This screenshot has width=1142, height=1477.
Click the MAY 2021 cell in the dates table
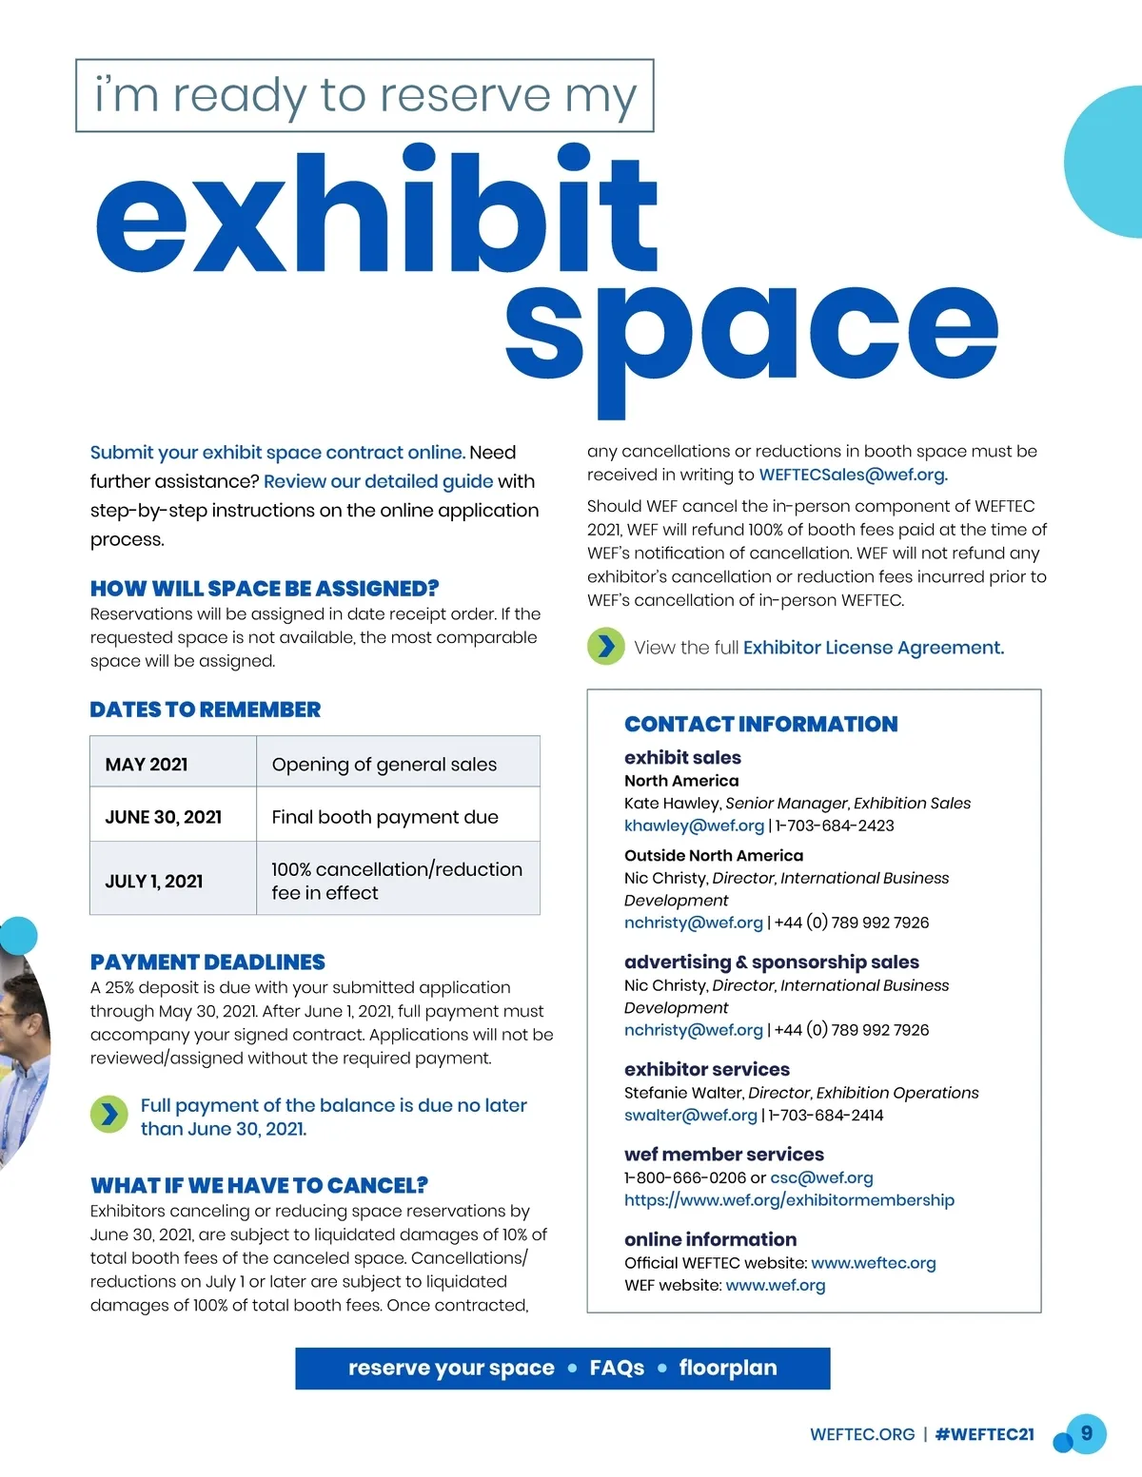click(x=147, y=765)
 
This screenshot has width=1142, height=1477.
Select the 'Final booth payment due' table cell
click(x=384, y=817)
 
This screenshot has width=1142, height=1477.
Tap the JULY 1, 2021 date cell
click(x=154, y=882)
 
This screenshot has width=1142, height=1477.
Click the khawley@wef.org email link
click(x=694, y=826)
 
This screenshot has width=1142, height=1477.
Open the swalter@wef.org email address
click(x=690, y=1115)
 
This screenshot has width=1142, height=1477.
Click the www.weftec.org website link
click(x=873, y=1263)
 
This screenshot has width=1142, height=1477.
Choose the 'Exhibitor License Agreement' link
click(x=873, y=648)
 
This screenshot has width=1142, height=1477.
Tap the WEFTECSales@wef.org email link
click(x=853, y=475)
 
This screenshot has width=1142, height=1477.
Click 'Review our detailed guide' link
click(x=378, y=481)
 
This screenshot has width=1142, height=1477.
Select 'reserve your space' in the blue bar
click(x=451, y=1368)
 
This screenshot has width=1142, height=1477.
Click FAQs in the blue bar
click(x=617, y=1368)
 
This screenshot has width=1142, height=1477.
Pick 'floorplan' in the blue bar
click(x=728, y=1368)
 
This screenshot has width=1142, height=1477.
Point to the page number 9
click(x=1086, y=1433)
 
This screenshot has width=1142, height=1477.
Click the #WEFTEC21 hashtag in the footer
click(x=984, y=1434)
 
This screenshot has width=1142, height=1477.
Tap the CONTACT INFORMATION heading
click(x=760, y=724)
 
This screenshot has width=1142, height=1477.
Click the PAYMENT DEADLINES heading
click(x=207, y=962)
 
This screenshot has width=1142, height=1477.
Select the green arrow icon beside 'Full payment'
click(x=109, y=1115)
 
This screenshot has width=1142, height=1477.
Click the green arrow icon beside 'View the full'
click(x=605, y=647)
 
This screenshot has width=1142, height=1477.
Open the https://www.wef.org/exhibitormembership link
click(x=789, y=1200)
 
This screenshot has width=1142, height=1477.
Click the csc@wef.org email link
click(x=821, y=1177)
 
